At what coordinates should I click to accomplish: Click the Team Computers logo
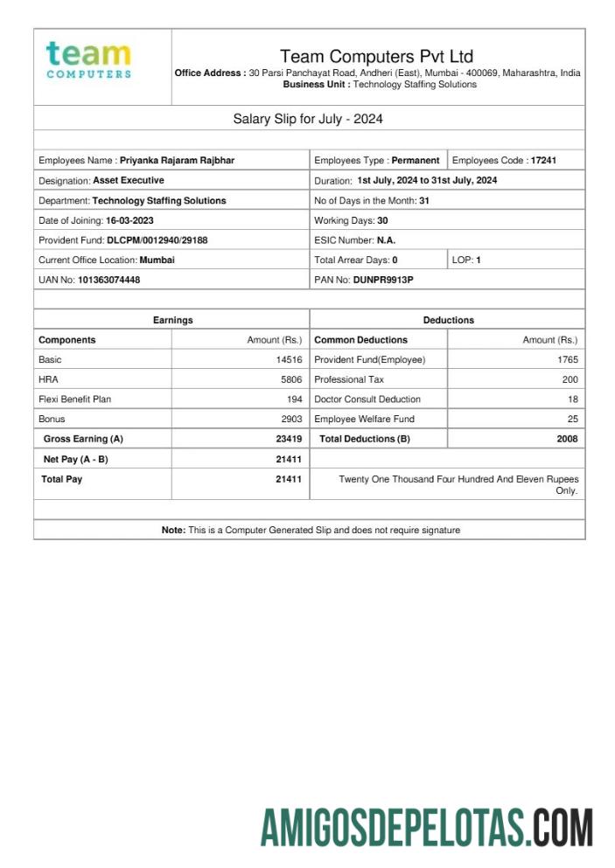(88, 59)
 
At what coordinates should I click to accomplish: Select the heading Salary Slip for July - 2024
(307, 119)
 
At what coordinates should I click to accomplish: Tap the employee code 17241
(543, 161)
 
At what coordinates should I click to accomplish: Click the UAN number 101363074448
(108, 280)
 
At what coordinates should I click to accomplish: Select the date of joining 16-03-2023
(129, 220)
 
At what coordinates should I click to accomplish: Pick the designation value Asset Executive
(129, 181)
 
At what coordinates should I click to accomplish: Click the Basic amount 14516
(288, 360)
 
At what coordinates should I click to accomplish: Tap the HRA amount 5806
(290, 380)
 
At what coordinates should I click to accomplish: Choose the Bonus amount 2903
(290, 420)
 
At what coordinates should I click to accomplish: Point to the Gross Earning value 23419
(288, 439)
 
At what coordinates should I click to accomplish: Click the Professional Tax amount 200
(570, 380)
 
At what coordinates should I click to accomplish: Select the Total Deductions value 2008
(567, 439)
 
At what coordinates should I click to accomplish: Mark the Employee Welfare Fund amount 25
(572, 420)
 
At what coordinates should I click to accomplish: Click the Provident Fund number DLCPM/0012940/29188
(157, 240)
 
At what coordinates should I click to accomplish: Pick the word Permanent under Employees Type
(416, 161)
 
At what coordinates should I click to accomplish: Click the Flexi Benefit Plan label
(74, 399)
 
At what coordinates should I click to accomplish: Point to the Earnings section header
(172, 321)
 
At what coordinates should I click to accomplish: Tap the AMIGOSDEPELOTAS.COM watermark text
(427, 827)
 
